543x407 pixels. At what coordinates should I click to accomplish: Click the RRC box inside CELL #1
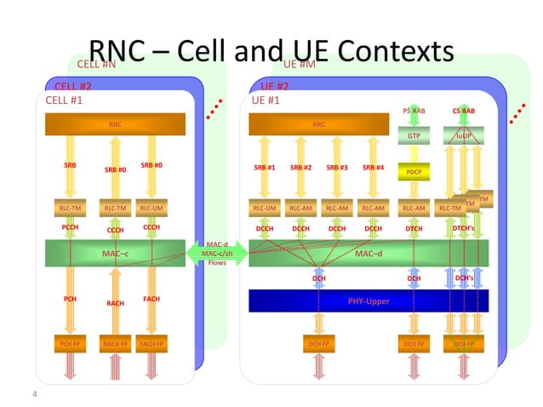[115, 124]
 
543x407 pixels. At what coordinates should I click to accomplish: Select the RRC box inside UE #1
[319, 124]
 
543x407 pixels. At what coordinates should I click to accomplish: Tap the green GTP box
[414, 135]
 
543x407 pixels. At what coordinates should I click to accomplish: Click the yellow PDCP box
[414, 172]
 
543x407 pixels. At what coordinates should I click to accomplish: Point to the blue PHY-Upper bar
[368, 301]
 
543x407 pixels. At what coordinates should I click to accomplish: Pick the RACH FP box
[114, 344]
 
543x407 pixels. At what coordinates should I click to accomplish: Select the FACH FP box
[151, 344]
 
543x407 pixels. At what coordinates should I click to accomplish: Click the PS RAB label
[414, 111]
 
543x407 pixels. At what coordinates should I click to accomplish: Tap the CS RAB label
[464, 111]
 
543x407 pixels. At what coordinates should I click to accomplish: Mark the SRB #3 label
[338, 168]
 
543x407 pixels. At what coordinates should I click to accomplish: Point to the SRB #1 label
[265, 168]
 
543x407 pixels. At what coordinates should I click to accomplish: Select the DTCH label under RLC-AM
[414, 228]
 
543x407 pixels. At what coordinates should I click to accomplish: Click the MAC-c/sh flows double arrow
[218, 252]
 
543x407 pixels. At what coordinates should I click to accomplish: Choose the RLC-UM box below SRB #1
[265, 207]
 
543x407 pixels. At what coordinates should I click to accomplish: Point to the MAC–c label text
[115, 253]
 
